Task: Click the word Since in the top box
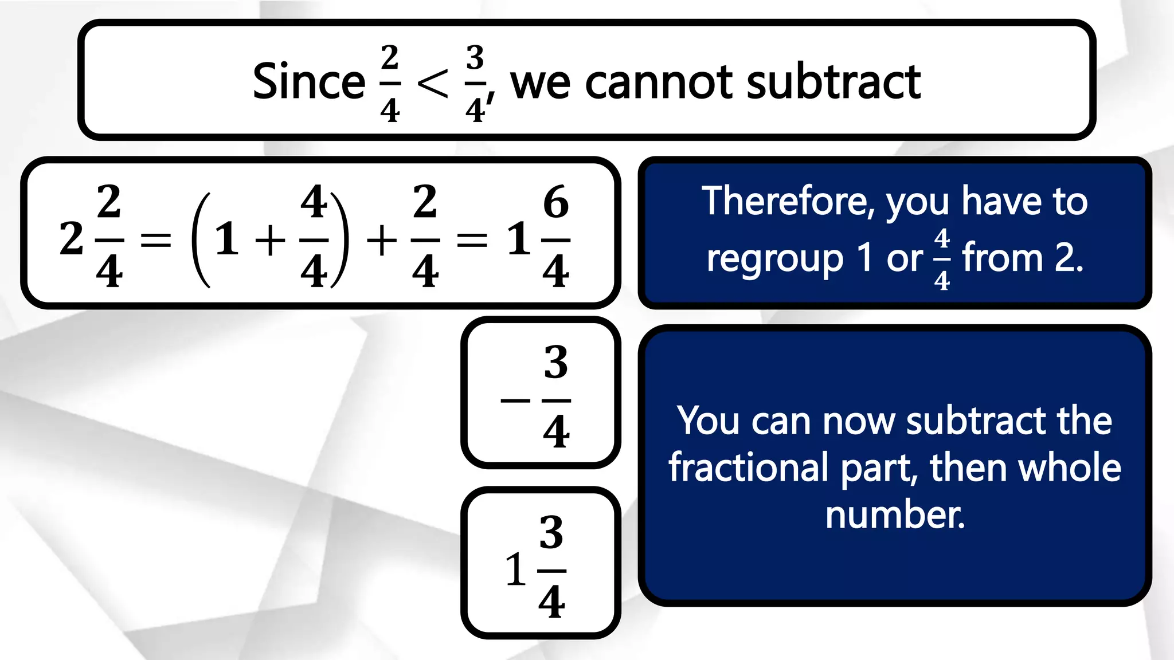coord(308,81)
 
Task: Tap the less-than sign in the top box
coord(432,84)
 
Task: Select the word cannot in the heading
coord(660,81)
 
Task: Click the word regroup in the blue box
coord(774,259)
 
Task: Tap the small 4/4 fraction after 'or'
coord(942,259)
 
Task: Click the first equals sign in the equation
coord(156,239)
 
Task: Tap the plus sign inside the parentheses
coord(270,239)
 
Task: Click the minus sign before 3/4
coord(515,400)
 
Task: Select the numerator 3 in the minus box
coord(555,362)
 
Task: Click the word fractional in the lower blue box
coord(748,467)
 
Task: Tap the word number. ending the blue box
coord(895,514)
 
